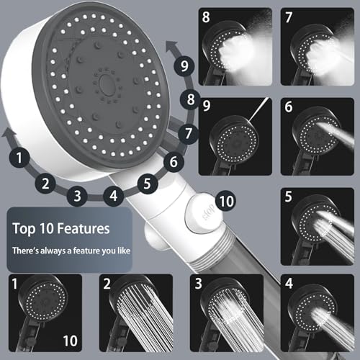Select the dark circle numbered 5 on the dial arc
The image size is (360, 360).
[147, 184]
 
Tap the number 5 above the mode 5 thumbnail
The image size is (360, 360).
[289, 196]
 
